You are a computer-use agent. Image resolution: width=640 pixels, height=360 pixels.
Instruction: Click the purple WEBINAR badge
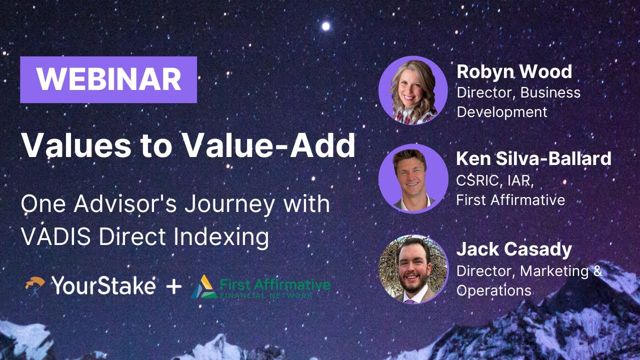coord(108,79)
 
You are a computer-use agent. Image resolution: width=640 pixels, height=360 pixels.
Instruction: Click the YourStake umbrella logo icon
coord(34,286)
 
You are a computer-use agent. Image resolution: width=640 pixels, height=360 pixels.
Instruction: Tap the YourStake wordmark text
coord(103,286)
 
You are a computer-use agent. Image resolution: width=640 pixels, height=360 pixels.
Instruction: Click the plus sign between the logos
coord(173,286)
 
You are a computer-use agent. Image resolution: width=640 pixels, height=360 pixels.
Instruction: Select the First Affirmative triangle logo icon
coord(203,287)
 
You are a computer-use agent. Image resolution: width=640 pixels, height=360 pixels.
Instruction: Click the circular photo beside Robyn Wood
coord(413,90)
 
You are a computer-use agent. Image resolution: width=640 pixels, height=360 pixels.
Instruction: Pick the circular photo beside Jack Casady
coord(413,269)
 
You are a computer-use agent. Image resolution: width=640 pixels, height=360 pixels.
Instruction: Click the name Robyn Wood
coord(514,71)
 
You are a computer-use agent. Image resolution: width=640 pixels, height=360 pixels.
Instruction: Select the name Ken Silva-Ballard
coord(533,158)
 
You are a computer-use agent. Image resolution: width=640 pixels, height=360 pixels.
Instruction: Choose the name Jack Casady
coord(514,249)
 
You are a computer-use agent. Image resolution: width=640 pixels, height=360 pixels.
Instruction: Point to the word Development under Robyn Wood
coord(502,112)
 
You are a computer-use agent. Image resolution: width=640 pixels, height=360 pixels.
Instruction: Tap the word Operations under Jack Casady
coord(494,290)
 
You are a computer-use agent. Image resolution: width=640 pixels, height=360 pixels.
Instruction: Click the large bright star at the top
coord(326,26)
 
